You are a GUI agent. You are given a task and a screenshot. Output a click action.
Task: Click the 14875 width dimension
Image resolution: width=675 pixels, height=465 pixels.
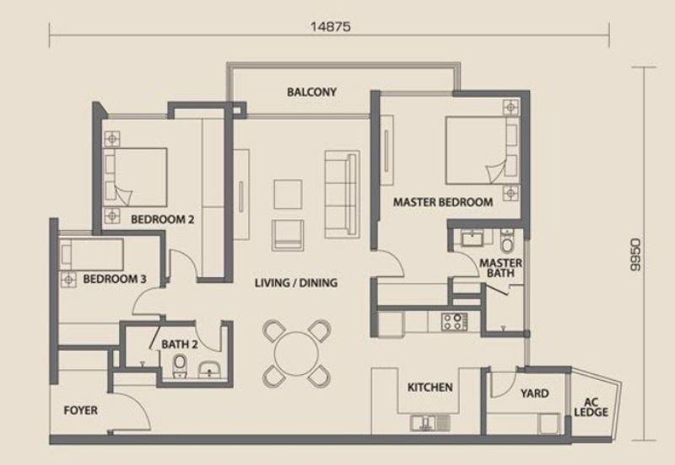(x=331, y=26)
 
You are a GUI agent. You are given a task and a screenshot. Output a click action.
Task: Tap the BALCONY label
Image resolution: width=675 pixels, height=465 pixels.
(x=312, y=92)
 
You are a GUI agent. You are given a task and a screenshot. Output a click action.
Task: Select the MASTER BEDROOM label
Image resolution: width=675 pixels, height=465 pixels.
(x=443, y=202)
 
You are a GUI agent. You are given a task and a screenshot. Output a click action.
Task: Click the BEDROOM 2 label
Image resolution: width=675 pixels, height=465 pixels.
(x=163, y=220)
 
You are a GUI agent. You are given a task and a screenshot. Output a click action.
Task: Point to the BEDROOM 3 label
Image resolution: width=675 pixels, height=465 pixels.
(x=108, y=278)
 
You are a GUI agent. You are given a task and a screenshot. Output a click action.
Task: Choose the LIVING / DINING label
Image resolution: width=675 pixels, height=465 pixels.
(x=296, y=283)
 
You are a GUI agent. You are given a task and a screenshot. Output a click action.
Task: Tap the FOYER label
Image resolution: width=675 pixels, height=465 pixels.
(x=81, y=411)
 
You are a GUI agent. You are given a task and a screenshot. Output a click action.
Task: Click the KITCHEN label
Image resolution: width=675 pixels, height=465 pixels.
(x=430, y=388)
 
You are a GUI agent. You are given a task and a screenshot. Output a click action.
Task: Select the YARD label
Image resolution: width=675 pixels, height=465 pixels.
(x=533, y=393)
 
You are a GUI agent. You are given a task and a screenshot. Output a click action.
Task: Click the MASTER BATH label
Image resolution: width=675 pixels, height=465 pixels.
(x=500, y=269)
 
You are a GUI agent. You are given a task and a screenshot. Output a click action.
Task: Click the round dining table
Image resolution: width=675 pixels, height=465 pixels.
(x=295, y=349)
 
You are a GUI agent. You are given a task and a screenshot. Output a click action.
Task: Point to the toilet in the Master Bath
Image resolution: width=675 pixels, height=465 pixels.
(x=506, y=243)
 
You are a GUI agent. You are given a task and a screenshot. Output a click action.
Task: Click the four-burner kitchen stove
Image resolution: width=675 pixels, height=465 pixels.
(x=453, y=320)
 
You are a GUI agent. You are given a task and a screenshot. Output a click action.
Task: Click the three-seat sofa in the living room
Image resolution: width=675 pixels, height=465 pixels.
(x=342, y=192)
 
